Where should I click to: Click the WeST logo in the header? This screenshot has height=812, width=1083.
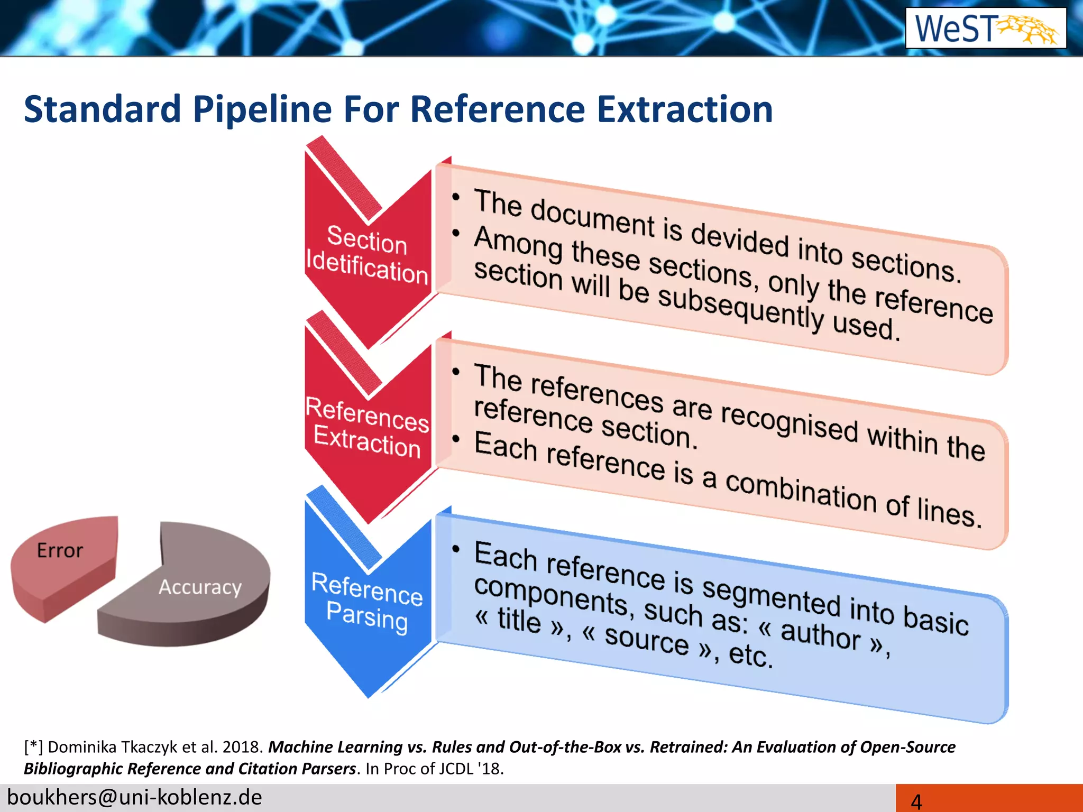click(985, 28)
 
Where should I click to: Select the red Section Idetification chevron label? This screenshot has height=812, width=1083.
click(367, 254)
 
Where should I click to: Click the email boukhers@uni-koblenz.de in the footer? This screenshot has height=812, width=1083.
click(134, 797)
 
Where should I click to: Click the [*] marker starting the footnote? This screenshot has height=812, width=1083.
click(33, 747)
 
